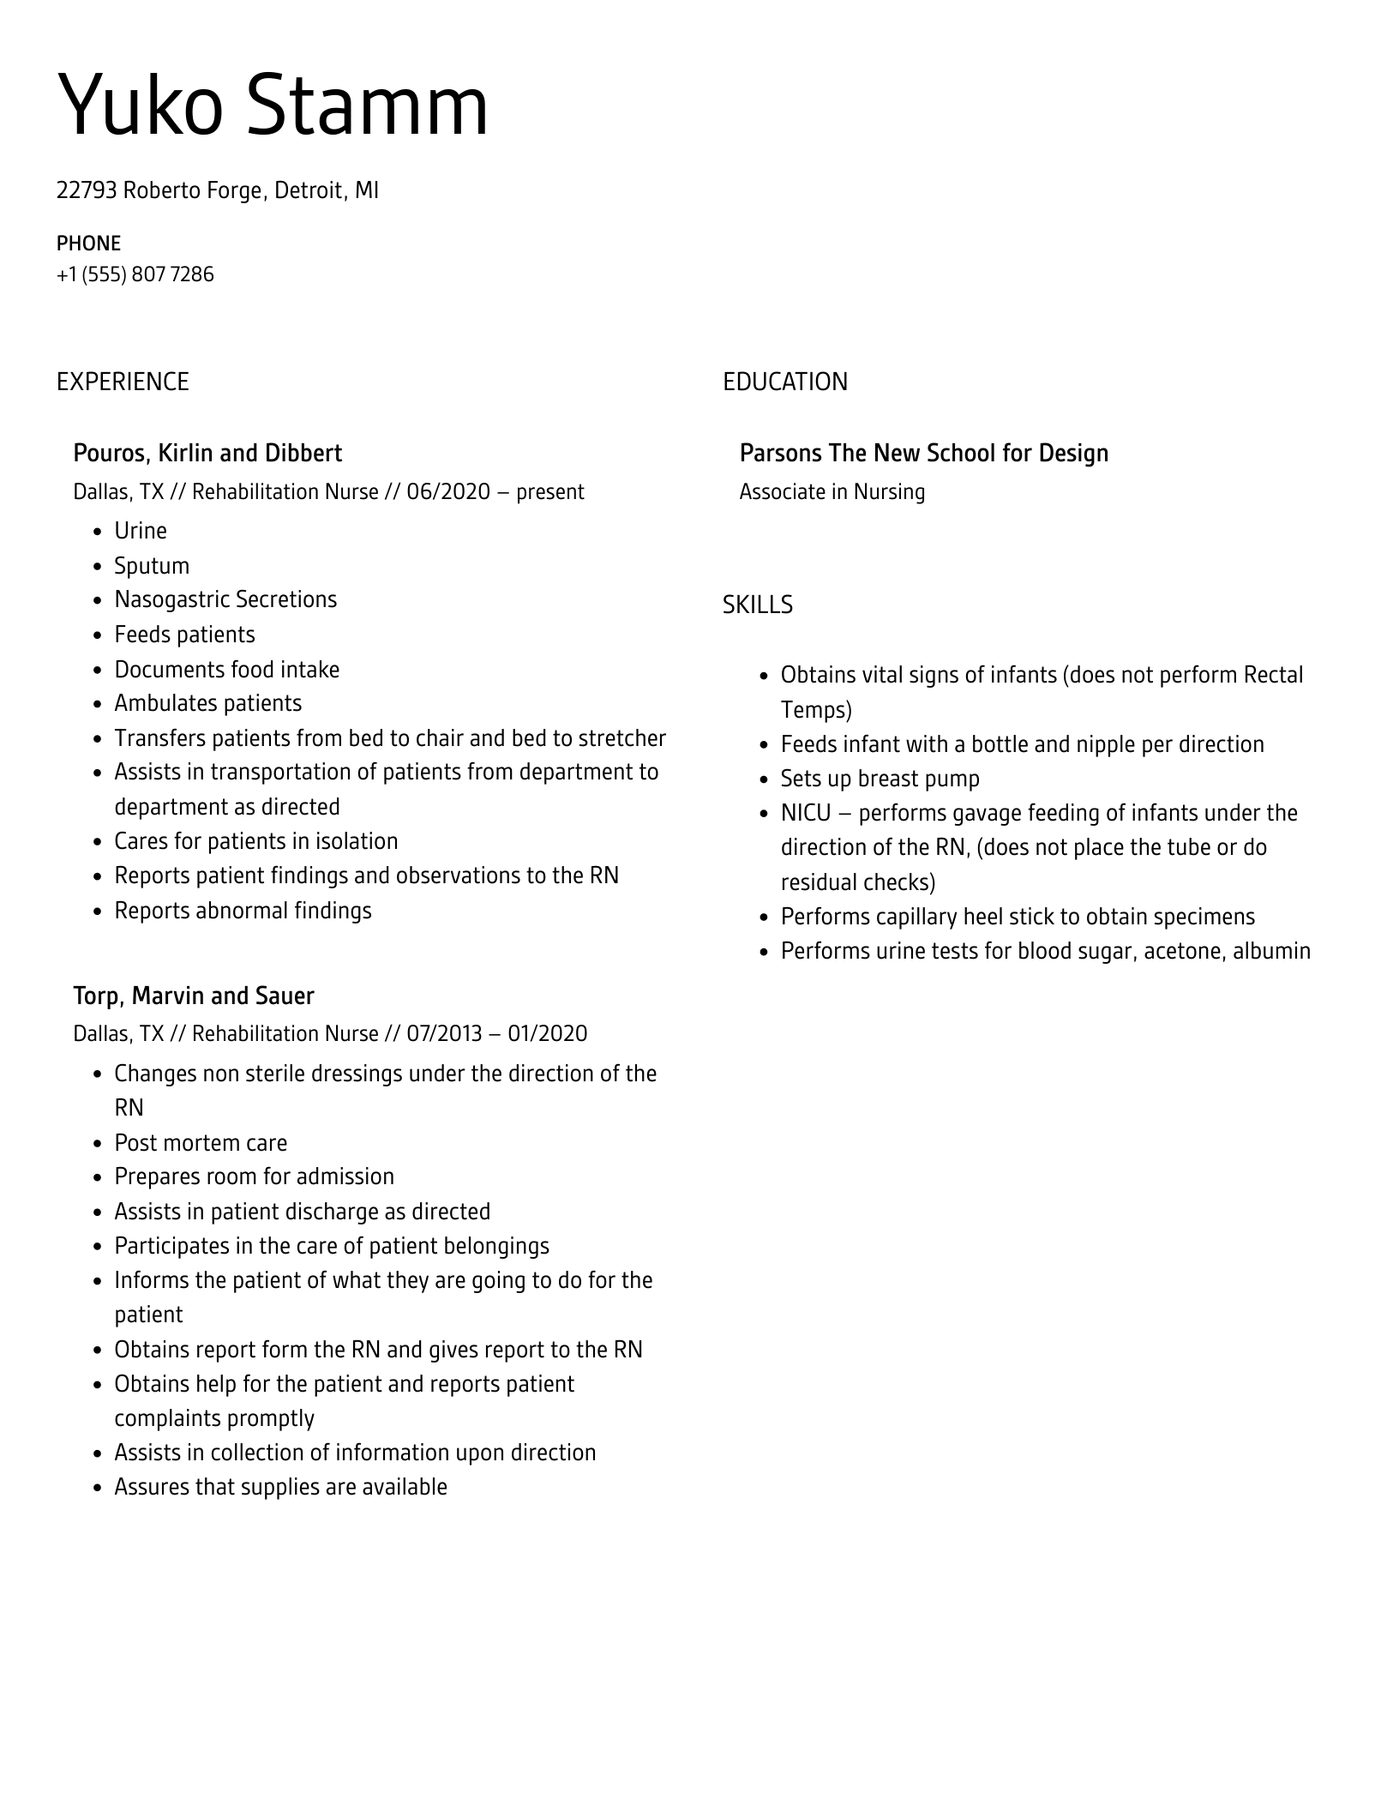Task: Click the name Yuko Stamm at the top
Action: [273, 106]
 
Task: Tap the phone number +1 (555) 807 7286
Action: [135, 274]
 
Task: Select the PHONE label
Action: [88, 244]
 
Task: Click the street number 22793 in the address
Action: [86, 190]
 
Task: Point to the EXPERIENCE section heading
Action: [123, 382]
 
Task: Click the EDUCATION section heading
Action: [784, 382]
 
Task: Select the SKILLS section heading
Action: [757, 605]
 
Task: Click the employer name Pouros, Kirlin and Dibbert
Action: [207, 453]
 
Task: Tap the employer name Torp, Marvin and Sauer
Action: [194, 996]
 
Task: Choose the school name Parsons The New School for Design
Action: [923, 453]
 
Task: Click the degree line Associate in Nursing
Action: [832, 492]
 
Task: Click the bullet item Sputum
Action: [152, 566]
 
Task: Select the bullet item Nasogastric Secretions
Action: [225, 599]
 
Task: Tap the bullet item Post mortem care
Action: [201, 1143]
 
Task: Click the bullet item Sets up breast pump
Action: [880, 779]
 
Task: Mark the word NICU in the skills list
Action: [806, 813]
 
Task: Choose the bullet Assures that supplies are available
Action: [280, 1487]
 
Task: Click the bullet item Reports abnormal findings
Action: [243, 911]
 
